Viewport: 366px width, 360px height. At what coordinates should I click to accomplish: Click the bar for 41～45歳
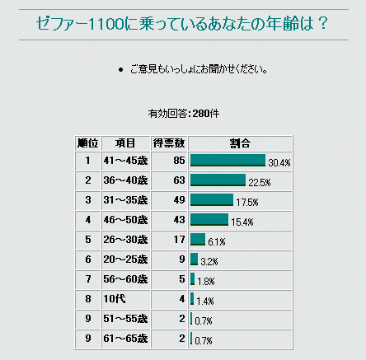coord(228,160)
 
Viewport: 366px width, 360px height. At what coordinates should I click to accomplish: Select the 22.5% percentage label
coord(260,183)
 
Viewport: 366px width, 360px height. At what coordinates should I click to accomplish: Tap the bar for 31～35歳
coord(212,199)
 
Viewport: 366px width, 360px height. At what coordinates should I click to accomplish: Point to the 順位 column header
coord(88,143)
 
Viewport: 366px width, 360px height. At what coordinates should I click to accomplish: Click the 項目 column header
coord(125,143)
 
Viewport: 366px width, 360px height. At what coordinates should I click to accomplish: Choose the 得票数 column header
coord(169,143)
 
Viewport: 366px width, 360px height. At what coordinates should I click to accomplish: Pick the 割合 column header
coord(240,143)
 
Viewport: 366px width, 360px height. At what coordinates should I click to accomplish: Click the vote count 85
coord(179,161)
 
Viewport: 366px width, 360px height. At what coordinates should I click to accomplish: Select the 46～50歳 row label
coord(125,220)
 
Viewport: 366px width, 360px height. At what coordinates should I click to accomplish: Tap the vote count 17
coord(179,240)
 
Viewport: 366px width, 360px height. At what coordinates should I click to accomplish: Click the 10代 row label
coord(115,299)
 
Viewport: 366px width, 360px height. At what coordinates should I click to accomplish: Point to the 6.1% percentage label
coord(217,242)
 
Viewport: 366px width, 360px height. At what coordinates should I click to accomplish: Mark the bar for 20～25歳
coord(194,259)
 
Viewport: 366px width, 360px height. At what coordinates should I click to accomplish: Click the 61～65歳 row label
coord(125,339)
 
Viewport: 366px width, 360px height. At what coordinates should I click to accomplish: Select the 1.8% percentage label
coord(206,282)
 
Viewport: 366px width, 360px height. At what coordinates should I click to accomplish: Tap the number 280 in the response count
coord(201,114)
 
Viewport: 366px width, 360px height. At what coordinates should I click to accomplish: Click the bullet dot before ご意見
coord(120,70)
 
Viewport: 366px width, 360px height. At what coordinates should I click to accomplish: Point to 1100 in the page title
coord(106,23)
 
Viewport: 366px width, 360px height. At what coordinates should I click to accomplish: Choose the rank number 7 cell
coord(88,279)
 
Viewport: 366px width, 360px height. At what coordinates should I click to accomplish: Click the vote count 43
coord(179,220)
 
